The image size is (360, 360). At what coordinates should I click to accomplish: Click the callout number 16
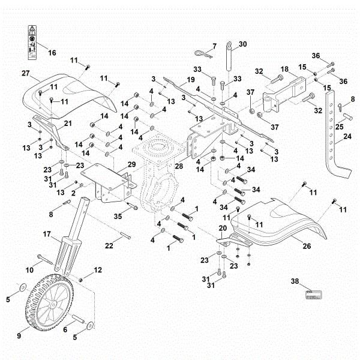[51, 53]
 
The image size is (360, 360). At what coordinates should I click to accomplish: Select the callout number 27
[26, 74]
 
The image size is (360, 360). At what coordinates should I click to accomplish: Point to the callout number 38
[295, 281]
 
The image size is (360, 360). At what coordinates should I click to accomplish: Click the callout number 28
[178, 181]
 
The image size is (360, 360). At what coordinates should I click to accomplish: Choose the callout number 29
[131, 164]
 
